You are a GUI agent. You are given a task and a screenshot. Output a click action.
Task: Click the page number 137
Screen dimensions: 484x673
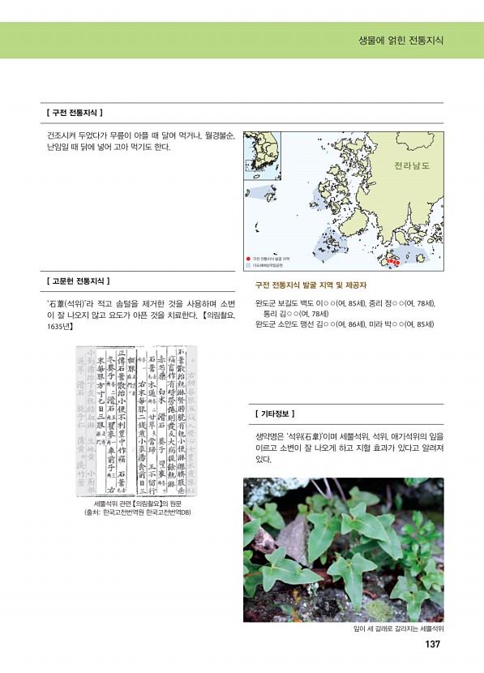tap(432, 645)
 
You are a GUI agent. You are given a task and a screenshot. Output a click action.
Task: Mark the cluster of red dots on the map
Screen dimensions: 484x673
tap(391, 262)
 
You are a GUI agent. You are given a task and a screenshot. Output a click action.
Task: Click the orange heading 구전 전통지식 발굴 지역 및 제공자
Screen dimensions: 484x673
tap(311, 285)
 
